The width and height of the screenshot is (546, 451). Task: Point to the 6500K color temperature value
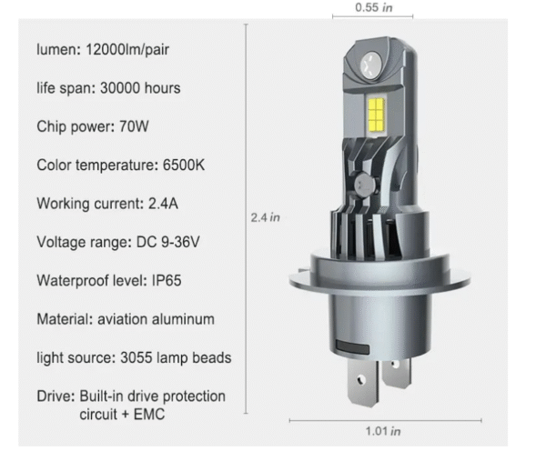tap(187, 165)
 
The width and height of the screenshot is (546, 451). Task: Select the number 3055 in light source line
tap(136, 357)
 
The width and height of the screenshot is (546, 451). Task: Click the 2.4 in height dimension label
tap(265, 217)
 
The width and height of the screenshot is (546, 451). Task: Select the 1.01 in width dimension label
tap(382, 431)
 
